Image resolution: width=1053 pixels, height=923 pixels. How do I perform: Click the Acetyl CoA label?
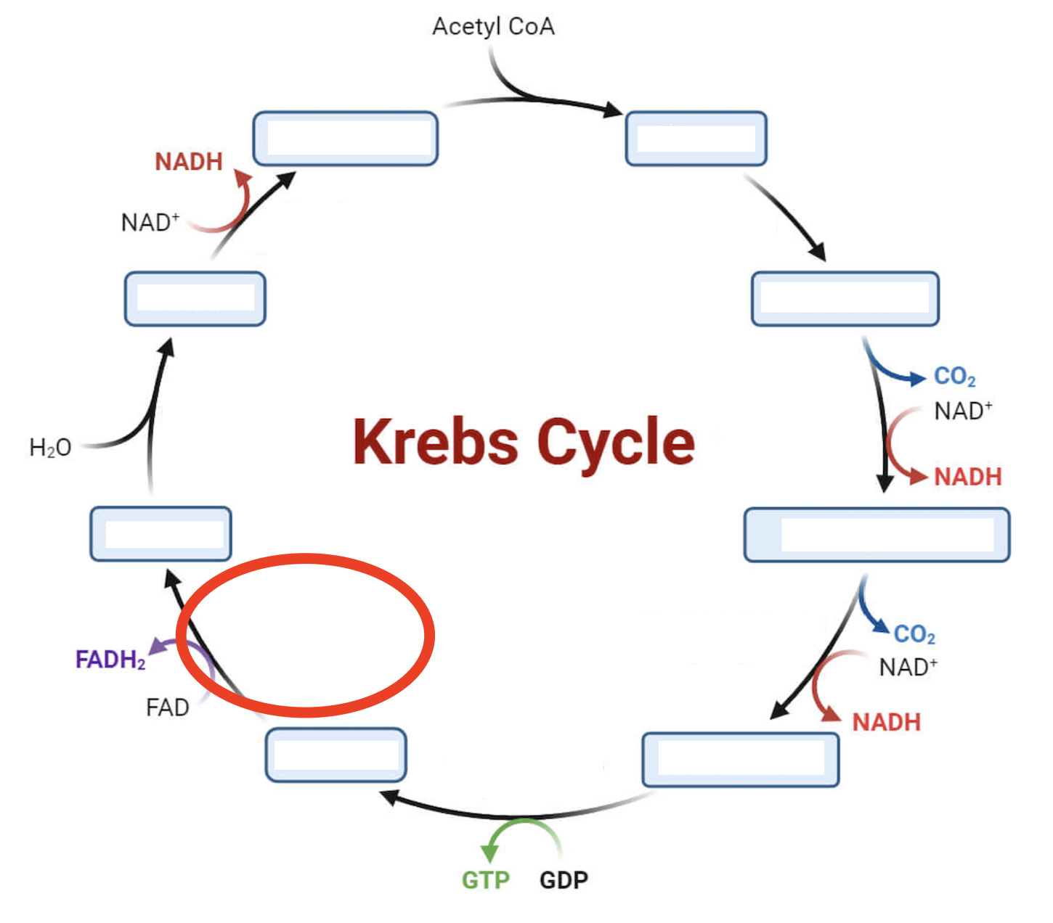pyautogui.click(x=493, y=27)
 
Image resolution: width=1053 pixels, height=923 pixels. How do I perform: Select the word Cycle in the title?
pyautogui.click(x=616, y=443)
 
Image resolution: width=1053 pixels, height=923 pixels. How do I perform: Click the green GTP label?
pyautogui.click(x=485, y=880)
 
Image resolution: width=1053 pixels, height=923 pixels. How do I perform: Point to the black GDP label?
pyautogui.click(x=564, y=880)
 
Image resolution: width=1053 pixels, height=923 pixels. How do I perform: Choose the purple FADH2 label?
pyautogui.click(x=110, y=660)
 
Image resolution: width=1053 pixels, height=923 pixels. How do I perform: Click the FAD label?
pyautogui.click(x=167, y=707)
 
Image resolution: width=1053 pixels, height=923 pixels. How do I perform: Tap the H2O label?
pyautogui.click(x=50, y=448)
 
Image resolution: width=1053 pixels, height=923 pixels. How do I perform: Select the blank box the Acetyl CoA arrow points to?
pyautogui.click(x=696, y=139)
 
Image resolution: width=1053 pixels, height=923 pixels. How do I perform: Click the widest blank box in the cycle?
pyautogui.click(x=877, y=535)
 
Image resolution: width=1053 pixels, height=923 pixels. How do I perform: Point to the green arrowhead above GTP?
pyautogui.click(x=490, y=853)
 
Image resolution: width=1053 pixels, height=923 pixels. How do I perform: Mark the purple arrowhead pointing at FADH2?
pyautogui.click(x=155, y=647)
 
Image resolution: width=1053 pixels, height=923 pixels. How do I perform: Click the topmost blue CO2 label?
pyautogui.click(x=954, y=377)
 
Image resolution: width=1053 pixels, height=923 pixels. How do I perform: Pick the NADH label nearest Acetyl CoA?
pyautogui.click(x=188, y=161)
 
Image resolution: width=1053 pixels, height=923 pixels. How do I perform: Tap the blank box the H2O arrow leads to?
pyautogui.click(x=195, y=299)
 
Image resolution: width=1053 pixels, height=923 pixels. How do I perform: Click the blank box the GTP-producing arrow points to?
pyautogui.click(x=336, y=755)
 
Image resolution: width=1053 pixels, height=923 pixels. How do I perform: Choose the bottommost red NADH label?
pyautogui.click(x=886, y=722)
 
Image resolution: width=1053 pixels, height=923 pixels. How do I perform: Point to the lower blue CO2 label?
pyautogui.click(x=914, y=634)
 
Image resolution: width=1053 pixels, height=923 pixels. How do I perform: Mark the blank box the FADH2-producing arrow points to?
pyautogui.click(x=160, y=534)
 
